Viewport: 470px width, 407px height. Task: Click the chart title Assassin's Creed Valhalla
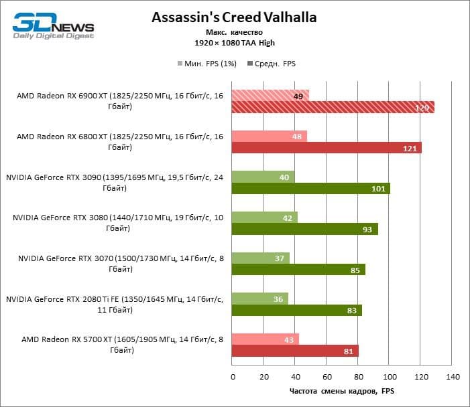(x=233, y=16)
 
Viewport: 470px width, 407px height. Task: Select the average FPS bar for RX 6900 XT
(x=333, y=107)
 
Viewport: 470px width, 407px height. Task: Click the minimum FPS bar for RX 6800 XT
(x=269, y=136)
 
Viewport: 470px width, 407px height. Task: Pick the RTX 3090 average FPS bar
(x=310, y=188)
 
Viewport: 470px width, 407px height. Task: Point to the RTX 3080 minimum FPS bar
(x=264, y=217)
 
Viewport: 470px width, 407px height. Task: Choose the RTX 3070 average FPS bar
(x=298, y=270)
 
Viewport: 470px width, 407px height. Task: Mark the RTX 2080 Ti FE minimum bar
(x=259, y=299)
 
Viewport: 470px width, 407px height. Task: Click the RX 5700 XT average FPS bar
(x=295, y=351)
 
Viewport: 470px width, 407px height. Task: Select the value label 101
(x=378, y=189)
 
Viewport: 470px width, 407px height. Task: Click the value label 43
(x=289, y=339)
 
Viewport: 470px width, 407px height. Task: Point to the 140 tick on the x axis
(x=452, y=376)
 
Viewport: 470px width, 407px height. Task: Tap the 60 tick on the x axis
(x=326, y=376)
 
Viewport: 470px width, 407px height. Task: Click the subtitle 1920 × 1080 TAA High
(x=235, y=43)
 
